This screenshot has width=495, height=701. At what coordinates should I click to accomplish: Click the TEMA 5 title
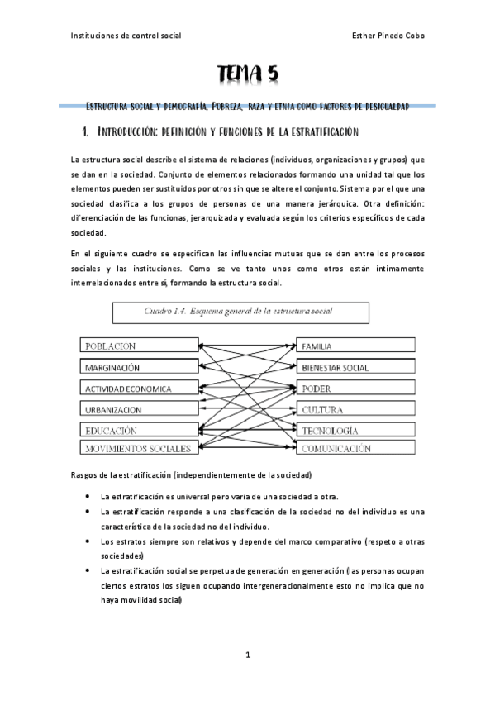(247, 75)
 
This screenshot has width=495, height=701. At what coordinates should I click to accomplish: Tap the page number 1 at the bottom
(247, 656)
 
